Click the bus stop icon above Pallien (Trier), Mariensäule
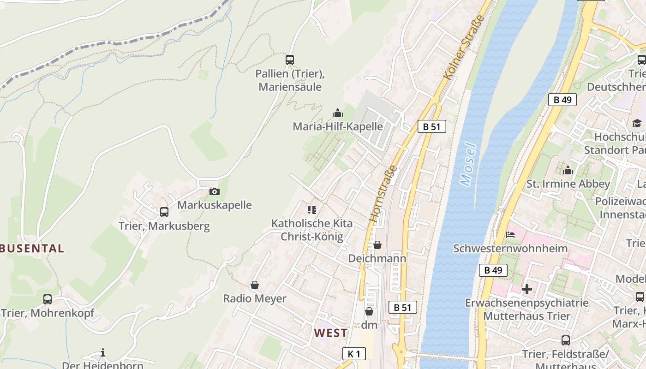point(290,60)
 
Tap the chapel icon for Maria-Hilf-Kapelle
point(338,113)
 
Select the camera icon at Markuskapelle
point(214,191)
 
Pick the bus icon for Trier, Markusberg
point(164,212)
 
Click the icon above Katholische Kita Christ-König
point(312,210)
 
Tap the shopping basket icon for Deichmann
point(377,245)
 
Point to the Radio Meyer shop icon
point(254,285)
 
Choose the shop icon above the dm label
point(369,311)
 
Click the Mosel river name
point(468,165)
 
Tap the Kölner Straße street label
point(464,47)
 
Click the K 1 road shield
point(354,354)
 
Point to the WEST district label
point(331,333)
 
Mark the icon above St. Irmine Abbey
point(568,170)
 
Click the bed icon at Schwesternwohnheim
point(510,235)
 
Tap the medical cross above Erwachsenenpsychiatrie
point(526,290)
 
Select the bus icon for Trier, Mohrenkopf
point(47,299)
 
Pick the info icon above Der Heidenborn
point(103,353)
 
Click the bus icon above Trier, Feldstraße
point(565,340)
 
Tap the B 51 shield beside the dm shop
point(402,307)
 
